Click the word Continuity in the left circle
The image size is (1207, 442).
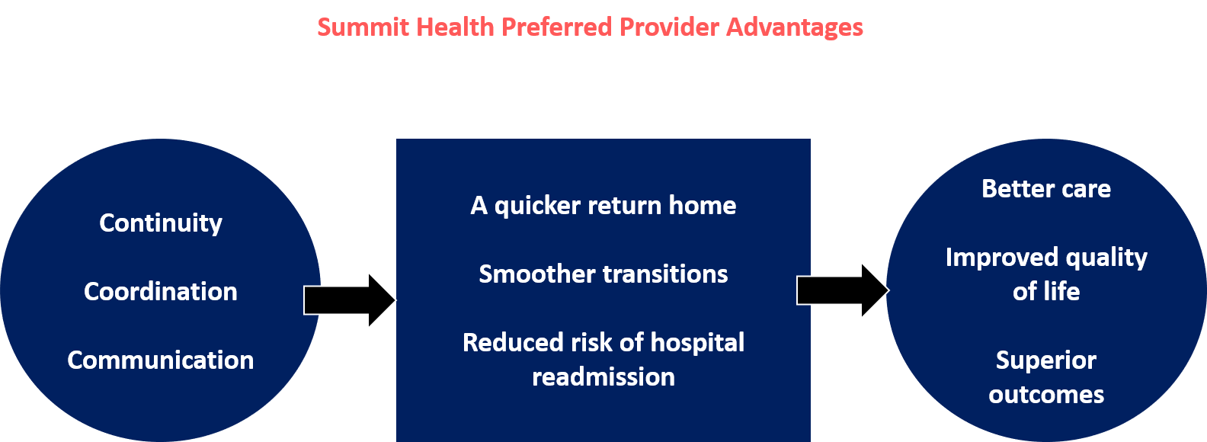(x=161, y=223)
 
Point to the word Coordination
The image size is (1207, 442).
(x=161, y=292)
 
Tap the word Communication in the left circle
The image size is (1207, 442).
(x=161, y=360)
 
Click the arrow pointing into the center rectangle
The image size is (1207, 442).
(x=349, y=300)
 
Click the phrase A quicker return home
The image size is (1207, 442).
(x=603, y=206)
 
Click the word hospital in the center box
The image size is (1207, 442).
(x=697, y=343)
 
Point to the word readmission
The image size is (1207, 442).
(x=603, y=377)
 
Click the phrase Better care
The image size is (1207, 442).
(x=1046, y=189)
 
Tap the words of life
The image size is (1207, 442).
(x=1046, y=292)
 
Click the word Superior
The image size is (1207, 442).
(x=1046, y=360)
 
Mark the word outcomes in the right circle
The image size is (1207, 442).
(x=1046, y=395)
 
